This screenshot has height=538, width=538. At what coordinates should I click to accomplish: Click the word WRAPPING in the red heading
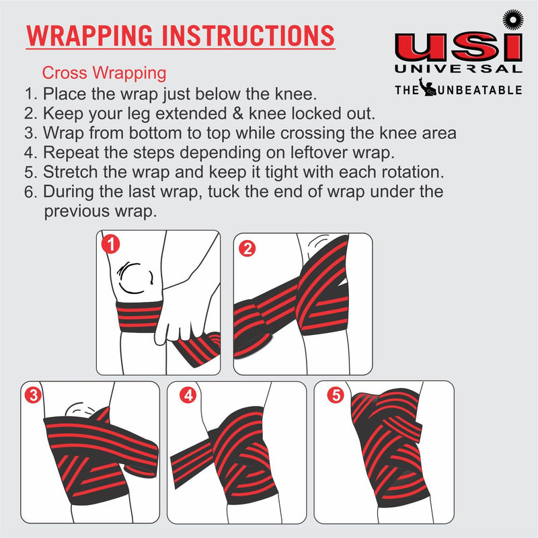pos(89,36)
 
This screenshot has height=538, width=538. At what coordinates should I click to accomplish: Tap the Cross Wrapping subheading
pos(104,73)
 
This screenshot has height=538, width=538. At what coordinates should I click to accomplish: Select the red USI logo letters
pos(459,48)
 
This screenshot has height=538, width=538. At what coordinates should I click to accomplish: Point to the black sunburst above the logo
pos(513,20)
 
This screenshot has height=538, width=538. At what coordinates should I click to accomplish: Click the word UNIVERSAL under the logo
pos(459,69)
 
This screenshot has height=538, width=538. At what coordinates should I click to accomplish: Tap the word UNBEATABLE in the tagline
pos(480,90)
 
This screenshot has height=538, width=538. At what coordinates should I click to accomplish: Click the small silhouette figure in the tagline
pos(427,87)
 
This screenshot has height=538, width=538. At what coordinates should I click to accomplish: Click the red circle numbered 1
pos(110,244)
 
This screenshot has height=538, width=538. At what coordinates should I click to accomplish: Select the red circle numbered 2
pos(247,248)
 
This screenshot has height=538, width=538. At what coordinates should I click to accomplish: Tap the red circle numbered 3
pos(33,395)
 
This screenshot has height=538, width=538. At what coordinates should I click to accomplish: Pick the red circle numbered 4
pos(188,395)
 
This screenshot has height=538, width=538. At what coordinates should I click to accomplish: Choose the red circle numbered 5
pos(336,395)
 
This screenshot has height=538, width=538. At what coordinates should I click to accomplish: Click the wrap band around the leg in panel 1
pos(139,317)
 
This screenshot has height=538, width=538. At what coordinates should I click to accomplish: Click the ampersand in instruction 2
pos(237,114)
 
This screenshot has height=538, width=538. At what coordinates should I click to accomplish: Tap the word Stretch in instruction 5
pos(70,172)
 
